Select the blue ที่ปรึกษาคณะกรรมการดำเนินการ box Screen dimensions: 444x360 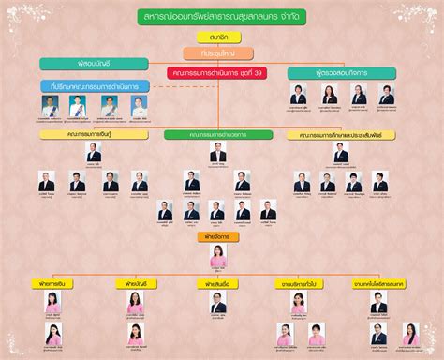91,86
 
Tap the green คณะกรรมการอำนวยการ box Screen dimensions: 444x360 216,135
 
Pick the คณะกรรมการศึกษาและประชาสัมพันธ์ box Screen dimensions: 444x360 340,135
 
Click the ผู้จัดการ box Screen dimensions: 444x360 217,239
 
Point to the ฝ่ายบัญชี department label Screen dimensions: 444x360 137,282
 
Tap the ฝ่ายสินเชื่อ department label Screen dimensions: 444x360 217,282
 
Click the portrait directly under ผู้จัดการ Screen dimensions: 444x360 218,256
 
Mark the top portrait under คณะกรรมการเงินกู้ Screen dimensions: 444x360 93,151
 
